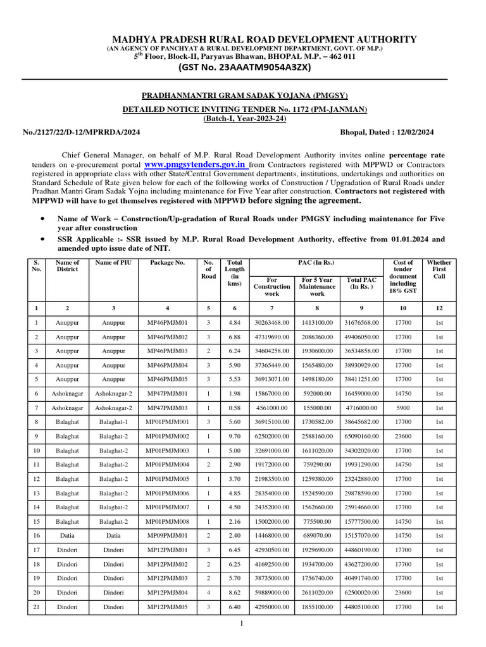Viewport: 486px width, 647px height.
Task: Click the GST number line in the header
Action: pyautogui.click(x=243, y=67)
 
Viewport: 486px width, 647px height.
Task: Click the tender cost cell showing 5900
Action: pyautogui.click(x=403, y=408)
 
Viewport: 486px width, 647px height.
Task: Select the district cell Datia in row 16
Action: pyautogui.click(x=67, y=536)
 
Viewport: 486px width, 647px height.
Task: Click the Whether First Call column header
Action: pyautogui.click(x=439, y=269)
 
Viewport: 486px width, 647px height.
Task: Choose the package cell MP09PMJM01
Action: pyautogui.click(x=167, y=536)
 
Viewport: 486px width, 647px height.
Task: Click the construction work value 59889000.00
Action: pyautogui.click(x=271, y=593)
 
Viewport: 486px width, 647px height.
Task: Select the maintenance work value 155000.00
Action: pyautogui.click(x=317, y=408)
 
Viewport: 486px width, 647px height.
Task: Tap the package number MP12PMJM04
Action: pyautogui.click(x=167, y=593)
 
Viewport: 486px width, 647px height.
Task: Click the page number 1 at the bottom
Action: pyautogui.click(x=241, y=624)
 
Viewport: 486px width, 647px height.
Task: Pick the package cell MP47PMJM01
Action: pyautogui.click(x=167, y=393)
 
